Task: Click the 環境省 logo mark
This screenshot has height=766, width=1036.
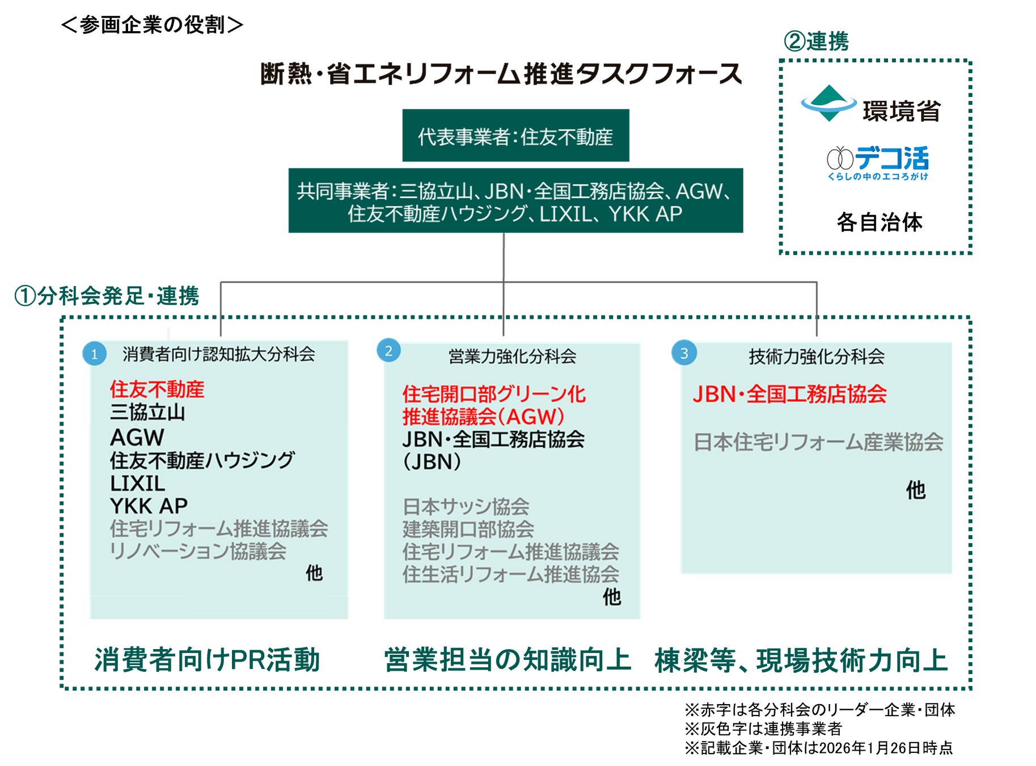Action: [828, 103]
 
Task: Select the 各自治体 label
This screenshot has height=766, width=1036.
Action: [879, 222]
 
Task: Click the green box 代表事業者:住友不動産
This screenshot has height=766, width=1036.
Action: [515, 136]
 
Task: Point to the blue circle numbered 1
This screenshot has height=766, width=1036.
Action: [94, 354]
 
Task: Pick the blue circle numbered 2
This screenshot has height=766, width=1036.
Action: [388, 351]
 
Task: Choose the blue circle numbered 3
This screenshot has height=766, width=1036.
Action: [684, 353]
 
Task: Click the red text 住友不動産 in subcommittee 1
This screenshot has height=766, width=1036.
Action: [157, 389]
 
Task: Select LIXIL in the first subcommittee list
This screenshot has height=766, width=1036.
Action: [138, 483]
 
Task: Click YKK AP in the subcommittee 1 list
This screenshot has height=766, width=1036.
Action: [149, 506]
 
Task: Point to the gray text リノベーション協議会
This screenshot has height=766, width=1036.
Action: [198, 551]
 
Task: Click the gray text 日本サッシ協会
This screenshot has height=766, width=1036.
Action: [466, 507]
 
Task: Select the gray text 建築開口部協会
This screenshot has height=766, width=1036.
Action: [468, 529]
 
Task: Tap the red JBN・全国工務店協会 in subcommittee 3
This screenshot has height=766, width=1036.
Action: [789, 394]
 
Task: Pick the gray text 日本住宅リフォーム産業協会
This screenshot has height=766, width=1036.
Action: [818, 442]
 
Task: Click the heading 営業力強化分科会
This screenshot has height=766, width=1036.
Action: [512, 356]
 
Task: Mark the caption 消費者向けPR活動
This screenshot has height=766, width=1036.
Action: [208, 660]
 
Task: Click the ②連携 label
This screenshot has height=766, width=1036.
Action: [816, 41]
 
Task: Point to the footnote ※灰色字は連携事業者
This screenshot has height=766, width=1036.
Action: [763, 729]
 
